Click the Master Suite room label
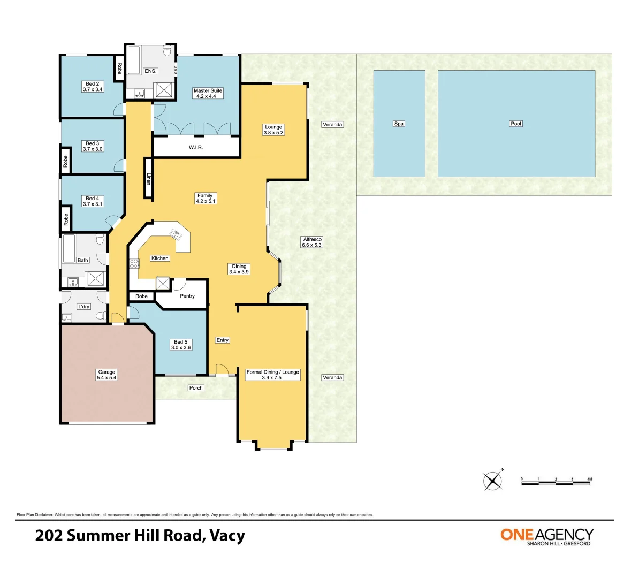coord(208,93)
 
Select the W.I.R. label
coord(196,147)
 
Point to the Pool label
coord(516,124)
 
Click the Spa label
coord(399,124)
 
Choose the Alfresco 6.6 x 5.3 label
coord(312,242)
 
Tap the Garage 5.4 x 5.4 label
coord(107,375)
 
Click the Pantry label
coord(187,296)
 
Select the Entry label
coord(223,340)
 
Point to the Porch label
coord(196,387)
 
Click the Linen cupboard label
coord(149,179)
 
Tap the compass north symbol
coord(493,481)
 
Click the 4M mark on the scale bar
coord(589,480)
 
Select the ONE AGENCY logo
coord(547,537)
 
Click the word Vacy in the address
coord(227,536)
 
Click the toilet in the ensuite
coord(166,50)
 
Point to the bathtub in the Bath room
coord(69,249)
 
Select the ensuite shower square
coord(164,90)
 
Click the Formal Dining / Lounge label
coord(272,375)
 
